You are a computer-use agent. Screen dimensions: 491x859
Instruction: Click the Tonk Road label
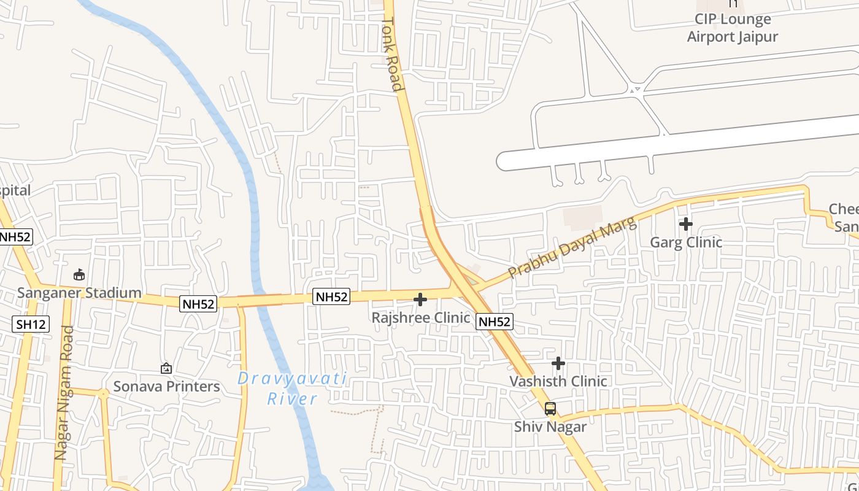[393, 54]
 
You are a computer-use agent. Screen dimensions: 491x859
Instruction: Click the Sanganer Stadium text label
[79, 293]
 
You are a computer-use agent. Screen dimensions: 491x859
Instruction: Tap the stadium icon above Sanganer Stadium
[79, 274]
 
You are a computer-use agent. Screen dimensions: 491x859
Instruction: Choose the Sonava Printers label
[166, 386]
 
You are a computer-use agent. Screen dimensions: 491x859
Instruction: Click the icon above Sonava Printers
[166, 368]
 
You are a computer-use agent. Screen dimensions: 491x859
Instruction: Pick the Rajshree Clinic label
[421, 317]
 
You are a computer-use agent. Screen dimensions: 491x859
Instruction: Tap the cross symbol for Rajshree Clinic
[420, 300]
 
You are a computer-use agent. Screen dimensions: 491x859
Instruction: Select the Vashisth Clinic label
[558, 381]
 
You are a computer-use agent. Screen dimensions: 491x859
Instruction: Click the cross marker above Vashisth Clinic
[558, 363]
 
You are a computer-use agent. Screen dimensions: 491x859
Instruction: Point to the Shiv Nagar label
[550, 427]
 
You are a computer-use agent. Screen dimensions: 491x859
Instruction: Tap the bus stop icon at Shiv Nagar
[550, 409]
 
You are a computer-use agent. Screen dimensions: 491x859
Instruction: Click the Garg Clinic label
[686, 242]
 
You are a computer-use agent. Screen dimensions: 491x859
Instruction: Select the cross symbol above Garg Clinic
[686, 224]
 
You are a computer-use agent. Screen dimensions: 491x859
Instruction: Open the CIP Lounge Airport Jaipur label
[733, 28]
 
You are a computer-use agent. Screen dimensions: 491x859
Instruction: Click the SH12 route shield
[31, 324]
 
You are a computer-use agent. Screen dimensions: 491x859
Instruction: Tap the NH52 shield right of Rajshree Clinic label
[494, 321]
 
